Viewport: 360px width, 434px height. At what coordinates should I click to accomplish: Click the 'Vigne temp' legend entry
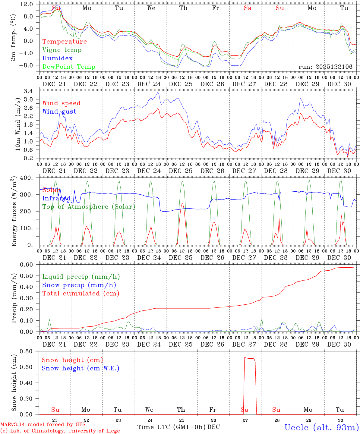click(x=62, y=50)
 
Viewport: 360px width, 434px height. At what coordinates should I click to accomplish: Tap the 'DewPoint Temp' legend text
click(x=69, y=67)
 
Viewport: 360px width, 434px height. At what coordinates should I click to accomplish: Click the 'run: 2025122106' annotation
click(x=325, y=67)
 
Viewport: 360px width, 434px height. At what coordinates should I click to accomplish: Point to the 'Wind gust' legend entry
click(x=59, y=112)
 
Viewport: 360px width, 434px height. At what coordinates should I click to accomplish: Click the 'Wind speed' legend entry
click(x=62, y=103)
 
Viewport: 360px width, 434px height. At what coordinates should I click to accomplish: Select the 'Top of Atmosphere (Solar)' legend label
click(x=89, y=207)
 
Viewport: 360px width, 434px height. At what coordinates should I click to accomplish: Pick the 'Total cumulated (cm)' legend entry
click(x=81, y=294)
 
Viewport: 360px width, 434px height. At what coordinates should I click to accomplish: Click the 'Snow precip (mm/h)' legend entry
click(x=79, y=285)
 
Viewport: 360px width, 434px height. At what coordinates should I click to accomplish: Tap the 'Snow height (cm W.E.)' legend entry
click(x=81, y=368)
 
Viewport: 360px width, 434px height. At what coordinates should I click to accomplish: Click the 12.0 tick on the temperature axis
click(x=27, y=4)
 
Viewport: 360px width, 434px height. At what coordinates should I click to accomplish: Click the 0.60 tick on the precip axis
click(x=28, y=265)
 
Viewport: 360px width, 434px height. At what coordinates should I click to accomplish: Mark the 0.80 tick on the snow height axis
click(x=27, y=351)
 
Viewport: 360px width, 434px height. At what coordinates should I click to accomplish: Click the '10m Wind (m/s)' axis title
click(x=17, y=124)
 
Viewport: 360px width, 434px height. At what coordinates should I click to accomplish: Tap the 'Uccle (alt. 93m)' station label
click(x=322, y=427)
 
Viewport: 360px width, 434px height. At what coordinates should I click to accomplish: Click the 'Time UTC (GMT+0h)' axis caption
click(x=172, y=427)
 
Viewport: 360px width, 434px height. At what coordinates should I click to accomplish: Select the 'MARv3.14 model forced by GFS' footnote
click(x=43, y=425)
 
